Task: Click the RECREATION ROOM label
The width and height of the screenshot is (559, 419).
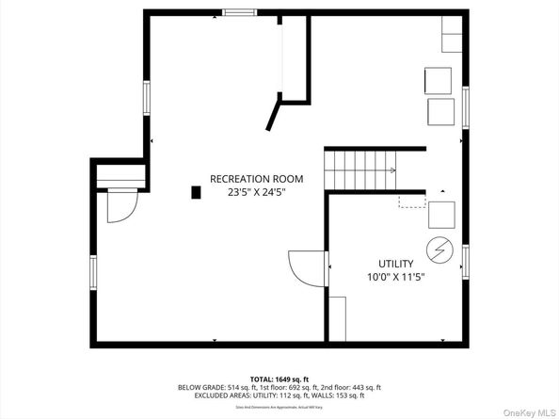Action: point(256,178)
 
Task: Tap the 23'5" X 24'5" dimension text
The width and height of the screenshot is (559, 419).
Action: point(256,192)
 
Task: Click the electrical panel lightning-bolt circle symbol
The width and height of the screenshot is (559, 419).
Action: point(440,250)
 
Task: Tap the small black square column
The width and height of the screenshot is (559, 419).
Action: point(196,192)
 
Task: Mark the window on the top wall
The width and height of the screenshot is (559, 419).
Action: point(239,12)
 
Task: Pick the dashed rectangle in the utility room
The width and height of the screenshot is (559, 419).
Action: point(411,201)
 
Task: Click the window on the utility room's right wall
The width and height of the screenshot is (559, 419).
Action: point(464,260)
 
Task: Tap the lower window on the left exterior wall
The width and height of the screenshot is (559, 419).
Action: point(91,271)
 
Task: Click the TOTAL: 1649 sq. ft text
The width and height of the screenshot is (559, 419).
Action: point(279,378)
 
